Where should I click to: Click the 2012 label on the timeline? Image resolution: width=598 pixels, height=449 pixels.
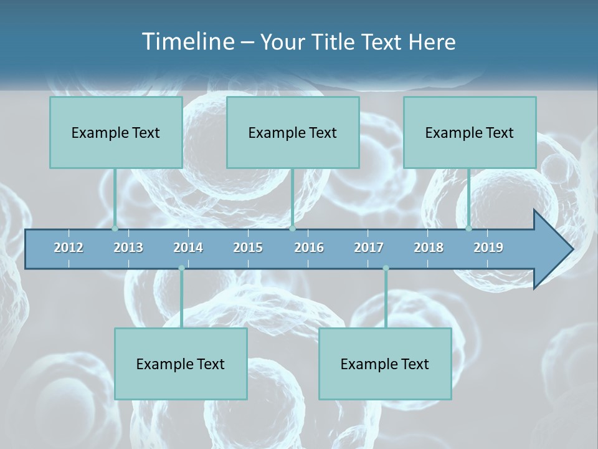(69, 248)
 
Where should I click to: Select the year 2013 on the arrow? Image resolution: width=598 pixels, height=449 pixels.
(128, 248)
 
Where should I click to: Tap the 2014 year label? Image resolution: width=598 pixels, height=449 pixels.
(188, 248)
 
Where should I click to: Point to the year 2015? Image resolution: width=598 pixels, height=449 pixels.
(248, 248)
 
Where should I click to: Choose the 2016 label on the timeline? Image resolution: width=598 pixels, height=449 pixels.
(309, 248)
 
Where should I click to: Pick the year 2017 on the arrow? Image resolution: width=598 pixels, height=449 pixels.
(369, 248)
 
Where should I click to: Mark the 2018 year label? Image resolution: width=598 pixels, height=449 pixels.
(429, 248)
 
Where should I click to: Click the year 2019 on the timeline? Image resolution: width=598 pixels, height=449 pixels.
(488, 248)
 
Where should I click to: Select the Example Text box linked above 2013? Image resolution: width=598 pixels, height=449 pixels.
(116, 132)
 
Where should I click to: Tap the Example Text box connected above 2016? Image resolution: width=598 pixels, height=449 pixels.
(293, 132)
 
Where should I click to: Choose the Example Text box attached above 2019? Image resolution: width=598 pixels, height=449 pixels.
(470, 132)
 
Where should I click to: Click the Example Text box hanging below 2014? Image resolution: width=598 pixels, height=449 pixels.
(181, 364)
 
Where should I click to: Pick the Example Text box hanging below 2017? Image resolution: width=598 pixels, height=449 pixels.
(385, 364)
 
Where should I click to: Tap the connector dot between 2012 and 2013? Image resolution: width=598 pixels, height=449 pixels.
(115, 229)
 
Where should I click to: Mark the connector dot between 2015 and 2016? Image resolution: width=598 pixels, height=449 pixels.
(293, 229)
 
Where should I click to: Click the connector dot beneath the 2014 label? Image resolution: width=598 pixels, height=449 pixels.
(181, 268)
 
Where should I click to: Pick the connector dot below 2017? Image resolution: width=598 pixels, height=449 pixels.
(386, 268)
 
